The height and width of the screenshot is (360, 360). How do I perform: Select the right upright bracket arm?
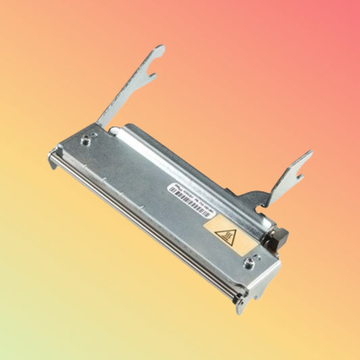click(289, 174)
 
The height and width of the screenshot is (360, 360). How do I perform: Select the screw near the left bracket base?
click(88, 140)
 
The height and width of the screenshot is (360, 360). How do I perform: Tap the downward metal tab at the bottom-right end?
click(240, 305)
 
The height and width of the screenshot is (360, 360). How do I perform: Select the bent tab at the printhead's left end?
click(52, 160)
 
